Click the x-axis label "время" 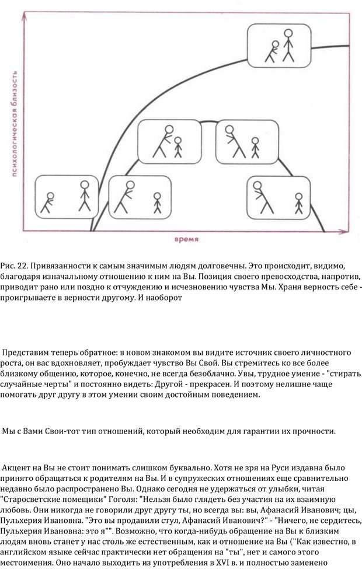click(x=186, y=239)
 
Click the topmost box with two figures click(x=275, y=46)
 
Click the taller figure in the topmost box click(x=287, y=44)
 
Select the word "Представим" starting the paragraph click(x=27, y=353)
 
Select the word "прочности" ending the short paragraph click(x=315, y=431)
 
